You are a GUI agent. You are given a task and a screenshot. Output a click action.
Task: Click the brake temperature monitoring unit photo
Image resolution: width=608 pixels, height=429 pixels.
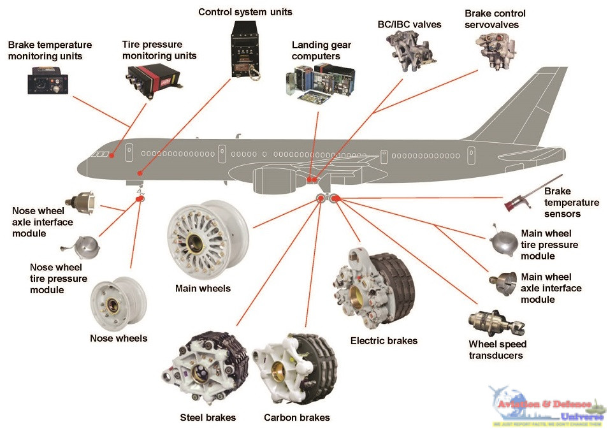coord(47,83)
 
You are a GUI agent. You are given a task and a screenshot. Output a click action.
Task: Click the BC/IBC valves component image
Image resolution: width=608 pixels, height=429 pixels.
coord(408,47)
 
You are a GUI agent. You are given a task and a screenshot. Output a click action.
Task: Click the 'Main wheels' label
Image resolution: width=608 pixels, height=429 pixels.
coord(203,289)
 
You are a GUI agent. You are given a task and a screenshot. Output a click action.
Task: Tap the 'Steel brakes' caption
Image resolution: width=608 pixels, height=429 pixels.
coord(208,418)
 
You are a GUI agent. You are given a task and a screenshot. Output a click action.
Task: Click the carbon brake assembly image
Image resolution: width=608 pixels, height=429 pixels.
coord(294,370)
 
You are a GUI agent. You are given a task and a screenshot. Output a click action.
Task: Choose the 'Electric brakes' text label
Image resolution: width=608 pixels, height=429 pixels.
coord(384,341)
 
